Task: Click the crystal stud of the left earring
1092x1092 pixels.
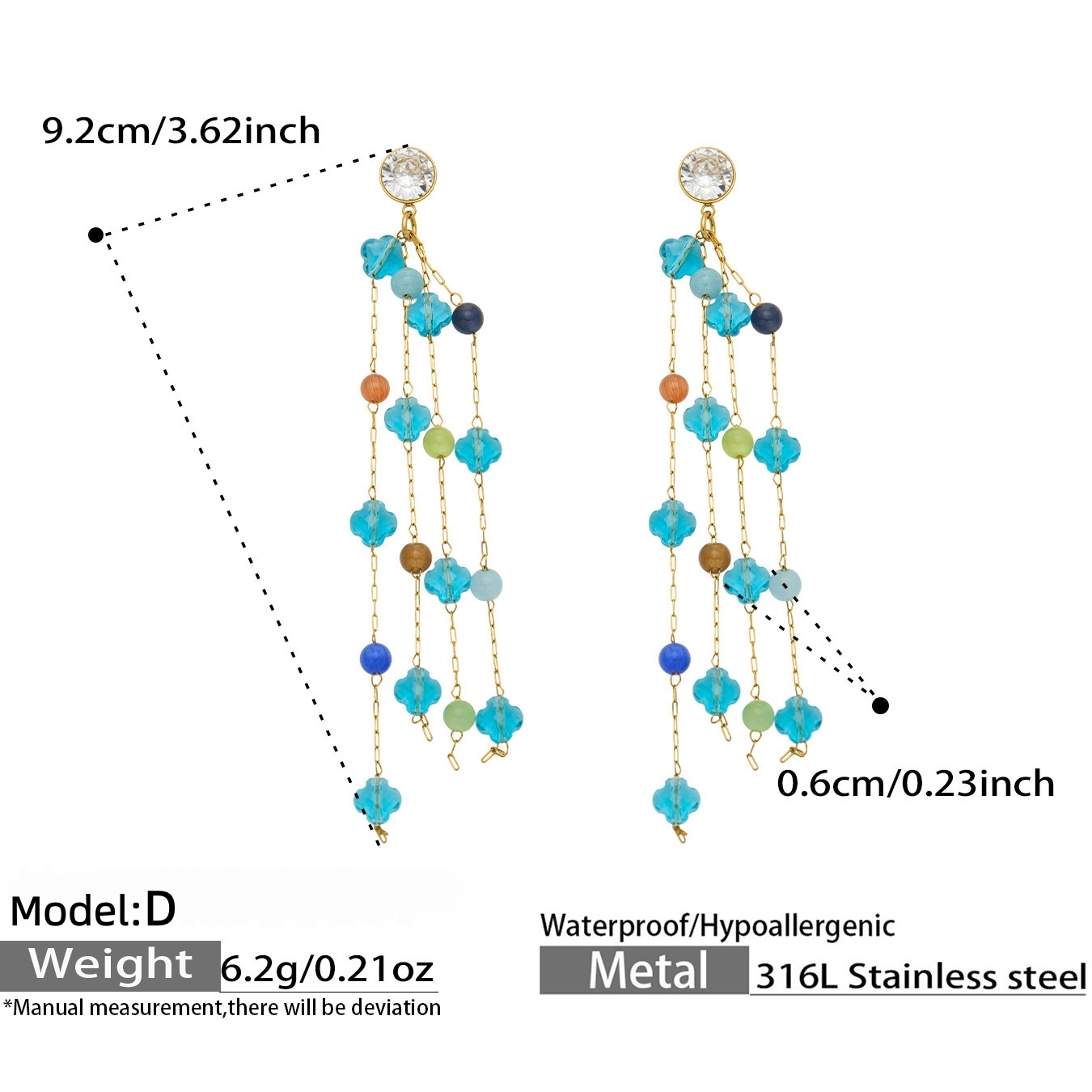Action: point(408,174)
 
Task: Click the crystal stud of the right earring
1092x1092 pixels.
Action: point(707,174)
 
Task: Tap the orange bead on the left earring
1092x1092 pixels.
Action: point(375,387)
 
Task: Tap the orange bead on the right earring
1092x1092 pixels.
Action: point(674,387)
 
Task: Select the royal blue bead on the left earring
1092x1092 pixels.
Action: point(375,658)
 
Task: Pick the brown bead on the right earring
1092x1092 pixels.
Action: point(714,557)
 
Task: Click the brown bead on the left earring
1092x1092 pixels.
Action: point(416,557)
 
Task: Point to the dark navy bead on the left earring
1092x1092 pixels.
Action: point(468,318)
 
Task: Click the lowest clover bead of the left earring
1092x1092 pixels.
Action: point(378,800)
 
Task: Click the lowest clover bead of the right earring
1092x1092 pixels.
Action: point(676,800)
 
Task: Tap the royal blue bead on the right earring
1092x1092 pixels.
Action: point(675,658)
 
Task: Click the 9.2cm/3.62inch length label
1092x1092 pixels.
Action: point(181,132)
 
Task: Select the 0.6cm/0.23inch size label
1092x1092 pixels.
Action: point(915,785)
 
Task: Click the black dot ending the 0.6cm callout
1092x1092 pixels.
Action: point(880,705)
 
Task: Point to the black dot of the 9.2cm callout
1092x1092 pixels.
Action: point(95,234)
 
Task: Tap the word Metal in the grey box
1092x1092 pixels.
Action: point(648,971)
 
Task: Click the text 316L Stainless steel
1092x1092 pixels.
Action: point(921,976)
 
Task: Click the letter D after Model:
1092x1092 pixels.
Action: point(161,911)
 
